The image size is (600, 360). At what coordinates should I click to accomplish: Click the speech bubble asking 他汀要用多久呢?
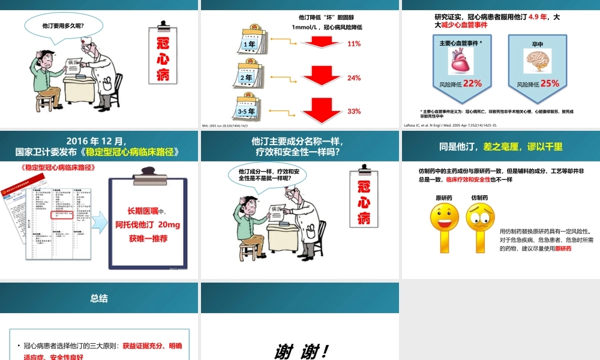pyautogui.click(x=63, y=26)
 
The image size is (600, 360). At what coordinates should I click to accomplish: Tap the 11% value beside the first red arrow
pyautogui.click(x=354, y=44)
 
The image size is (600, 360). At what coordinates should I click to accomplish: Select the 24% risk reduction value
pyautogui.click(x=354, y=78)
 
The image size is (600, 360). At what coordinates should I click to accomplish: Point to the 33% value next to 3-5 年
pyautogui.click(x=354, y=112)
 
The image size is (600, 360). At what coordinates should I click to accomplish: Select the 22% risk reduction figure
pyautogui.click(x=472, y=83)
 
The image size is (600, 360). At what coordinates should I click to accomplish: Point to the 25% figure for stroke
pyautogui.click(x=549, y=83)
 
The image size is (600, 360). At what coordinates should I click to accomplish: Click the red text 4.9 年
pyautogui.click(x=538, y=17)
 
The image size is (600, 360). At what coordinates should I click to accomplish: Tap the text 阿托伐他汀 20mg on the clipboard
pyautogui.click(x=148, y=225)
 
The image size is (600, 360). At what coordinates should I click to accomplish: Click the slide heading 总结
pyautogui.click(x=99, y=298)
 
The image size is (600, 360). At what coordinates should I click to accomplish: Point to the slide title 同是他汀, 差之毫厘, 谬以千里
pyautogui.click(x=501, y=147)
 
